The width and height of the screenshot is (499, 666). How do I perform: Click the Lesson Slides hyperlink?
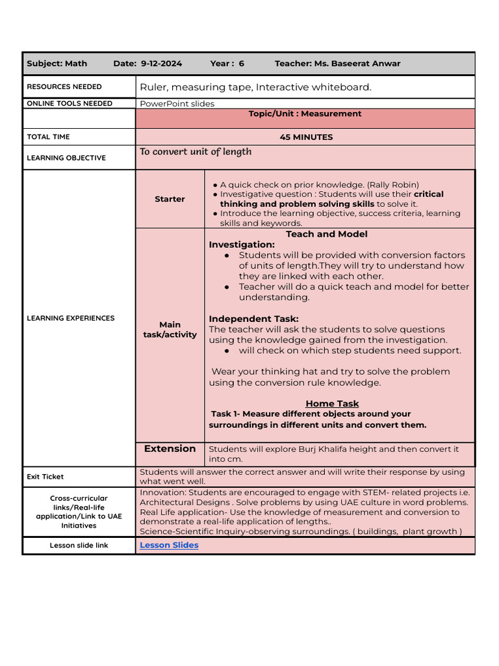point(169,545)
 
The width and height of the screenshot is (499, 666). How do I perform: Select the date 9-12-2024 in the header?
point(161,64)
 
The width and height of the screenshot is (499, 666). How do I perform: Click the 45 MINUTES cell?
point(305,137)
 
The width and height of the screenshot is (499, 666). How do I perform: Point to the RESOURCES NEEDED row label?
point(64,87)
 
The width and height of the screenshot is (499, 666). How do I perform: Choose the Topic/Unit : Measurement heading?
point(305,114)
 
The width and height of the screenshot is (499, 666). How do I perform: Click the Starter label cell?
point(170,199)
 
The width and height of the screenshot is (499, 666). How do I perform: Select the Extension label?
point(170,449)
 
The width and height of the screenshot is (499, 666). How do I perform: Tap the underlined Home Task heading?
point(332,403)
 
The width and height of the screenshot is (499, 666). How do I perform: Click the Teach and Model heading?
point(326,234)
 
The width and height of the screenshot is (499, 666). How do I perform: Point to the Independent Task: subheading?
point(253,319)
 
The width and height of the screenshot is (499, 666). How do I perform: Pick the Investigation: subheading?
point(242,245)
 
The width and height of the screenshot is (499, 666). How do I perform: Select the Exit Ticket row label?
point(45,477)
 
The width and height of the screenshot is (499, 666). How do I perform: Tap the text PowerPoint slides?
point(177,103)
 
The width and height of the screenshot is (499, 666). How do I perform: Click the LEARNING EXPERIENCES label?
point(70,318)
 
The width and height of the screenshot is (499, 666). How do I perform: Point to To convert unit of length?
point(196,152)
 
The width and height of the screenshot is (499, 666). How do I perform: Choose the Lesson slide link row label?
point(79,545)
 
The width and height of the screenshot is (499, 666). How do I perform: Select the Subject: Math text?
point(57,64)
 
